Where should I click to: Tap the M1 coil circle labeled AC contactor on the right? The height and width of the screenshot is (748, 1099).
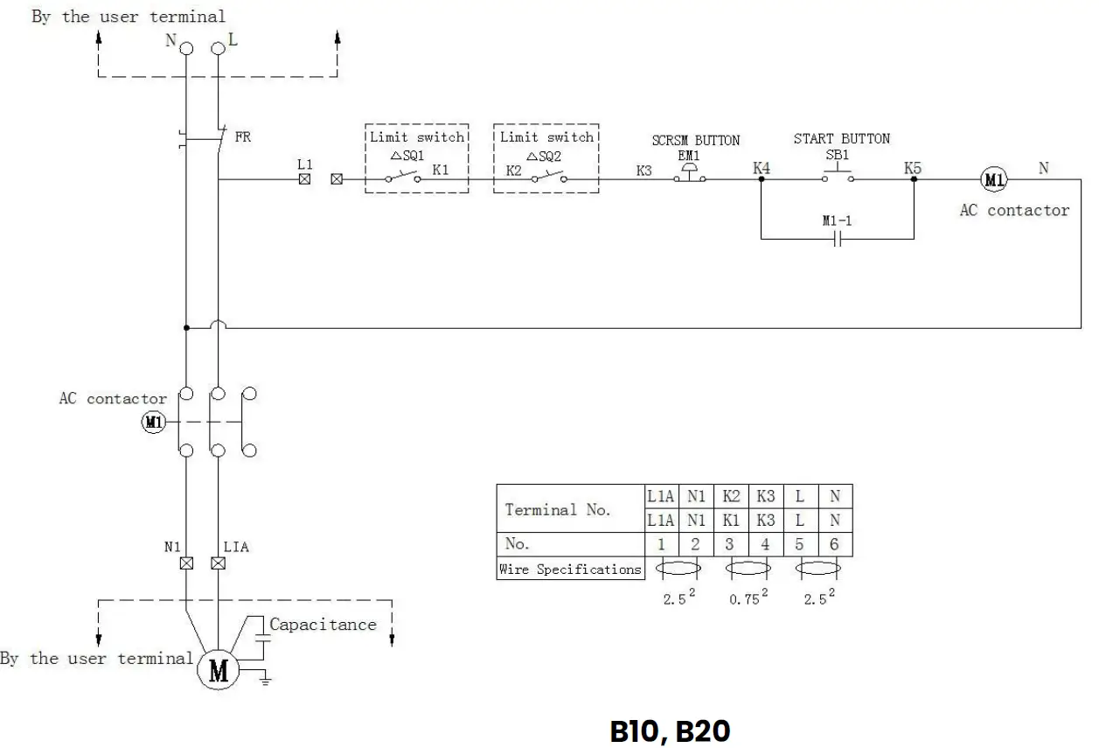(993, 179)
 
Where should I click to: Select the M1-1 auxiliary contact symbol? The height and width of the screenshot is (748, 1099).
(837, 239)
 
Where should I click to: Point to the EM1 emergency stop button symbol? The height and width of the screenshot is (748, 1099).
(689, 175)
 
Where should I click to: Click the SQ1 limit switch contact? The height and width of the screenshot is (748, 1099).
(402, 177)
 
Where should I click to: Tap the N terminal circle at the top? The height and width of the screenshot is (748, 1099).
(186, 49)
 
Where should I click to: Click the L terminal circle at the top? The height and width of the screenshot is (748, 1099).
(218, 49)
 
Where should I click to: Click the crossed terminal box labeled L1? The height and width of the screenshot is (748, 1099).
(304, 179)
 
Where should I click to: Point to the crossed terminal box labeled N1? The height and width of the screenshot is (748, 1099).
(186, 563)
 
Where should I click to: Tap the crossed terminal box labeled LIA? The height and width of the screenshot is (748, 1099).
(218, 563)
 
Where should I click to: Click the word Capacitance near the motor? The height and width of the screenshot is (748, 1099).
(323, 625)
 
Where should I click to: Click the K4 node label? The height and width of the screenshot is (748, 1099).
(762, 167)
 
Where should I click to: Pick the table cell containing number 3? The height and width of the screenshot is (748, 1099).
(730, 544)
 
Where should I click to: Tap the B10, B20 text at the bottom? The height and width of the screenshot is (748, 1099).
(669, 730)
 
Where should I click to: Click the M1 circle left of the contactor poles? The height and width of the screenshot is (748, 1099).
(153, 423)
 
